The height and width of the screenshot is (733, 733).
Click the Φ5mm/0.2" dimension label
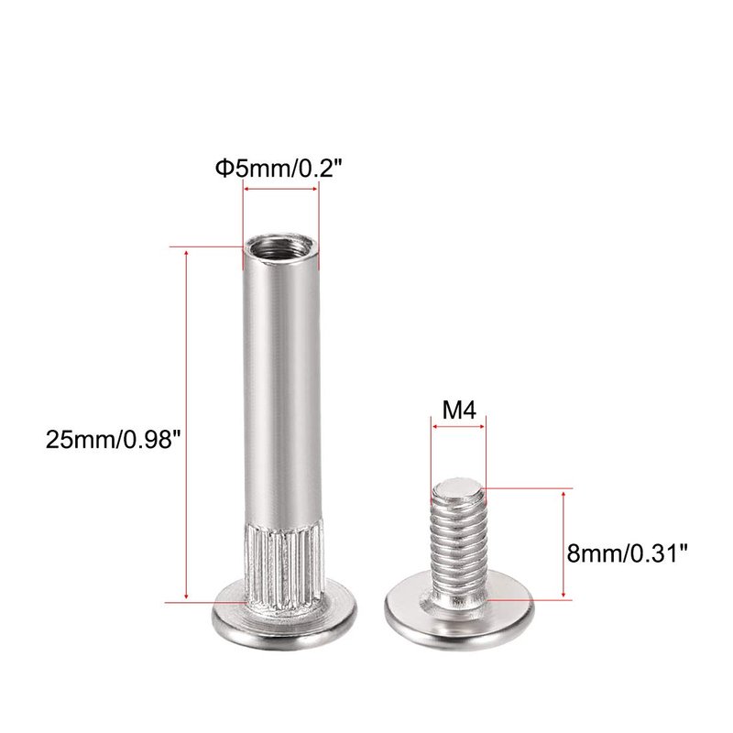coord(279,169)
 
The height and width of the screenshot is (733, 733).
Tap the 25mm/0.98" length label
coord(113,440)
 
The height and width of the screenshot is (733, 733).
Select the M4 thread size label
coord(459,410)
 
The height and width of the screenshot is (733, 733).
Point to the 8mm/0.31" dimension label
coord(628,553)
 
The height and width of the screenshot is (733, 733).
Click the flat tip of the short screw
coord(456,489)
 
